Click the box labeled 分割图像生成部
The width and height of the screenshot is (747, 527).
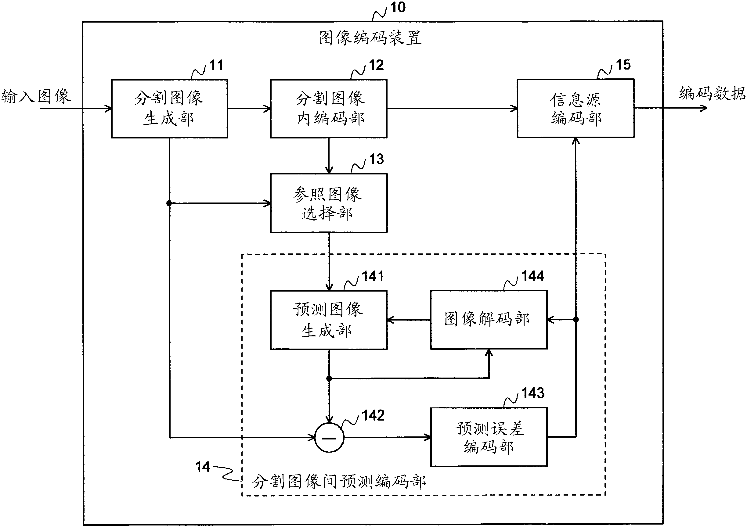point(169,109)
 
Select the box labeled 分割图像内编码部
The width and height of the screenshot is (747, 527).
point(329,109)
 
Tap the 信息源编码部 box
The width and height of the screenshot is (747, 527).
point(575,108)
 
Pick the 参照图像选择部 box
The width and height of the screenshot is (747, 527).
point(329,203)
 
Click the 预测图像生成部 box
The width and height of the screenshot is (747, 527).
point(329,320)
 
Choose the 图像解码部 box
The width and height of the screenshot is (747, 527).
point(488,320)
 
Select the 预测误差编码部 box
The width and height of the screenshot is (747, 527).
point(488,437)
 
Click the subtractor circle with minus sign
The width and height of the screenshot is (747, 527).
point(329,438)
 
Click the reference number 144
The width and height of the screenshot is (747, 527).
point(532,276)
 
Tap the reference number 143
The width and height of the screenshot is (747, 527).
point(532,393)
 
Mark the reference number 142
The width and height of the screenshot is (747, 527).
point(373,415)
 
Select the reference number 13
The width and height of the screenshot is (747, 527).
point(376,159)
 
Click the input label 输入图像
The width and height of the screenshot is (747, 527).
point(36,97)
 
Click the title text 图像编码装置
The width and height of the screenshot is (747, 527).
point(370,38)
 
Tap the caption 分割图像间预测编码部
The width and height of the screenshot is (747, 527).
point(339,482)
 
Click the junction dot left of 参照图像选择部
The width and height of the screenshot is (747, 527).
point(169,203)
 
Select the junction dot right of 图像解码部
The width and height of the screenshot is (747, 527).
point(576,320)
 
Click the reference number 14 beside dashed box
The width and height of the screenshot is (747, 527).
point(202,467)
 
